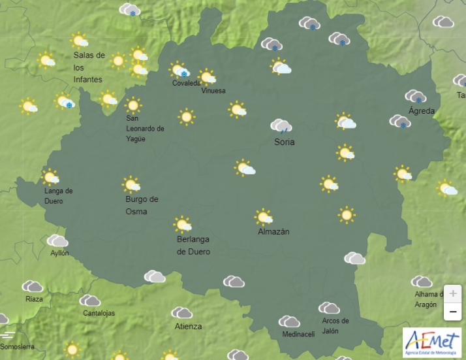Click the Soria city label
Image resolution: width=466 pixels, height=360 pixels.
284,142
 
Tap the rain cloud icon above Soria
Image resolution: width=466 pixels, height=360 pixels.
281,125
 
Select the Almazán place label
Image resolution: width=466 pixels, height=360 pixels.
273,231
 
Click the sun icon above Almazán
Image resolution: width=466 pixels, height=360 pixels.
264,216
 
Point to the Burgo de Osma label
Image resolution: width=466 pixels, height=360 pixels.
142,205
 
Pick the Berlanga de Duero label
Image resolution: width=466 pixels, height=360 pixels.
194,246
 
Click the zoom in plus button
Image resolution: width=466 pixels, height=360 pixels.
452,293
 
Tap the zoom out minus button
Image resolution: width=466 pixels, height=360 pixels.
452,312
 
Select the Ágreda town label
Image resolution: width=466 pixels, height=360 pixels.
421,111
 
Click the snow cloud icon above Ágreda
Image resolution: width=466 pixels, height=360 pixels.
416,97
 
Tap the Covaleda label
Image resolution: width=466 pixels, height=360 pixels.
187,84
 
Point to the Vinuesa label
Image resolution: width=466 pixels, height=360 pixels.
213,91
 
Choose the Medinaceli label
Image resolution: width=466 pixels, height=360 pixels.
298,335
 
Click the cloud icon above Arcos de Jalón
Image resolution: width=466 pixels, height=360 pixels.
329,308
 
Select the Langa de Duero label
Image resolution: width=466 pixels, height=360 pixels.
58,196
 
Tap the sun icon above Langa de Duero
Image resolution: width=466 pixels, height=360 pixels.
50,176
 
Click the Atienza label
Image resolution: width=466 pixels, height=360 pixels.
188,326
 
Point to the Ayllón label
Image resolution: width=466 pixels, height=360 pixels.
59,253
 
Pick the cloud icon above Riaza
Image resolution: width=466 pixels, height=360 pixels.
32,286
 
